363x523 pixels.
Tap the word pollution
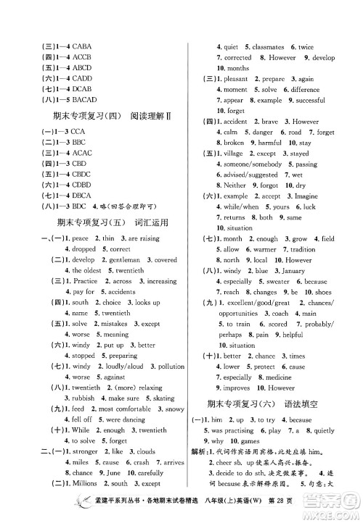pyautogui.click(x=171, y=367)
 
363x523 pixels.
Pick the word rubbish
pyautogui.click(x=84, y=398)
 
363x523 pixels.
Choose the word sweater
pyautogui.click(x=277, y=282)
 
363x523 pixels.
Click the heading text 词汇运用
pyautogui.click(x=151, y=222)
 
